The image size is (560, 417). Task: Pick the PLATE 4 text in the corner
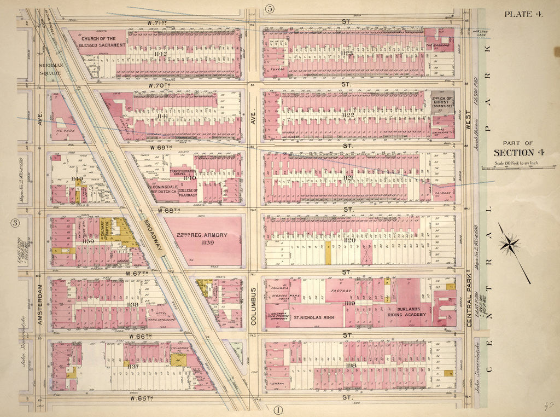pos(523,14)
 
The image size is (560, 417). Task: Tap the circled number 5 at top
pos(270,8)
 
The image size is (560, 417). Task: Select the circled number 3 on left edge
pos(15,223)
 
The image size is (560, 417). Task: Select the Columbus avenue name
pos(254,307)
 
